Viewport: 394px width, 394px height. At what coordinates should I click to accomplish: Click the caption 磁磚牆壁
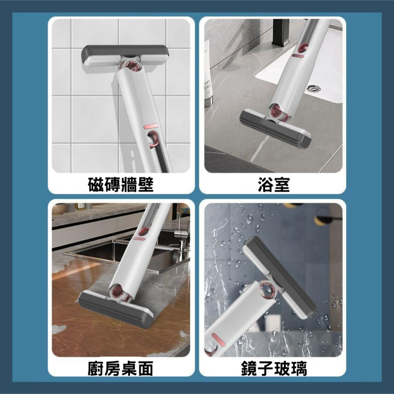click(121, 184)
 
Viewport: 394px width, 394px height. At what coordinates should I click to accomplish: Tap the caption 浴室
click(273, 184)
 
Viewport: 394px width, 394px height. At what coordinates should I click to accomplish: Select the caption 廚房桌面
click(121, 369)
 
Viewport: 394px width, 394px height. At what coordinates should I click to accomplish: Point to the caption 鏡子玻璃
click(273, 369)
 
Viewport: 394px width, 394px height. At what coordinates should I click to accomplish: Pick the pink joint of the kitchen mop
click(118, 292)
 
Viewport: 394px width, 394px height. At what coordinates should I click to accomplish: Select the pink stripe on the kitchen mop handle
click(139, 238)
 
